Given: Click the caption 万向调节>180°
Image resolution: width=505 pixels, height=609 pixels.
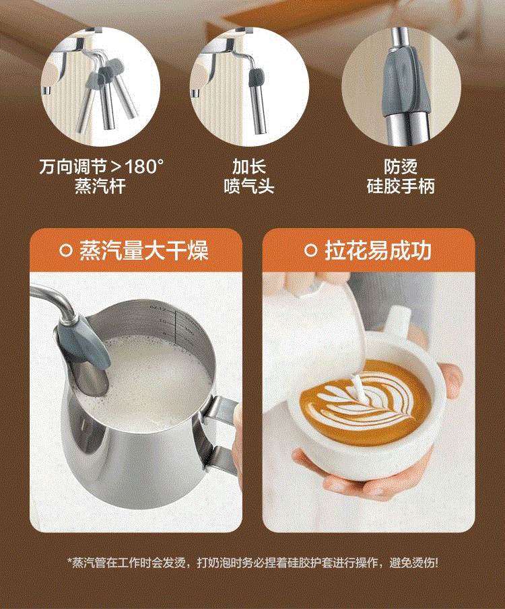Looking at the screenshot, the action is (x=102, y=167).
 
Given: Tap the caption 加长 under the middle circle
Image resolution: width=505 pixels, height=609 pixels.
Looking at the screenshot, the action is (x=249, y=167).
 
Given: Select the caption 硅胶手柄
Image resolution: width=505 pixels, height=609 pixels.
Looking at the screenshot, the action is (x=401, y=186).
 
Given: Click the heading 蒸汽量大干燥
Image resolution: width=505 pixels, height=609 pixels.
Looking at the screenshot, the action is (x=144, y=250).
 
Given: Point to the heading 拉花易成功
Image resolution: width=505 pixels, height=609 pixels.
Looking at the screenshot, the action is (x=378, y=250).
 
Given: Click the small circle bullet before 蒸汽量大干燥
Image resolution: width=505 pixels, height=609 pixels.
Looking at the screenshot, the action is (x=66, y=250).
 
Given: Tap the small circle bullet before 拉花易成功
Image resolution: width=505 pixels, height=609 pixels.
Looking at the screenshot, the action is (x=310, y=250).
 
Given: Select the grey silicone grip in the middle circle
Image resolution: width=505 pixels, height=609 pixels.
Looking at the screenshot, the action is (x=256, y=77).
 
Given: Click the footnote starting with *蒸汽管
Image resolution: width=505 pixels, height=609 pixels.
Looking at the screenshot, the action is (x=252, y=562).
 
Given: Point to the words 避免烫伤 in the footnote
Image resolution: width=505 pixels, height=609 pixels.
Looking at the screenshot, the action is (x=411, y=562).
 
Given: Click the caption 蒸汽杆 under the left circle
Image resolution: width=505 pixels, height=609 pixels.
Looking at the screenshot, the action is (x=100, y=186).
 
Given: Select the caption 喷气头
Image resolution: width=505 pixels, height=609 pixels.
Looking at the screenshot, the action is (x=249, y=186).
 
